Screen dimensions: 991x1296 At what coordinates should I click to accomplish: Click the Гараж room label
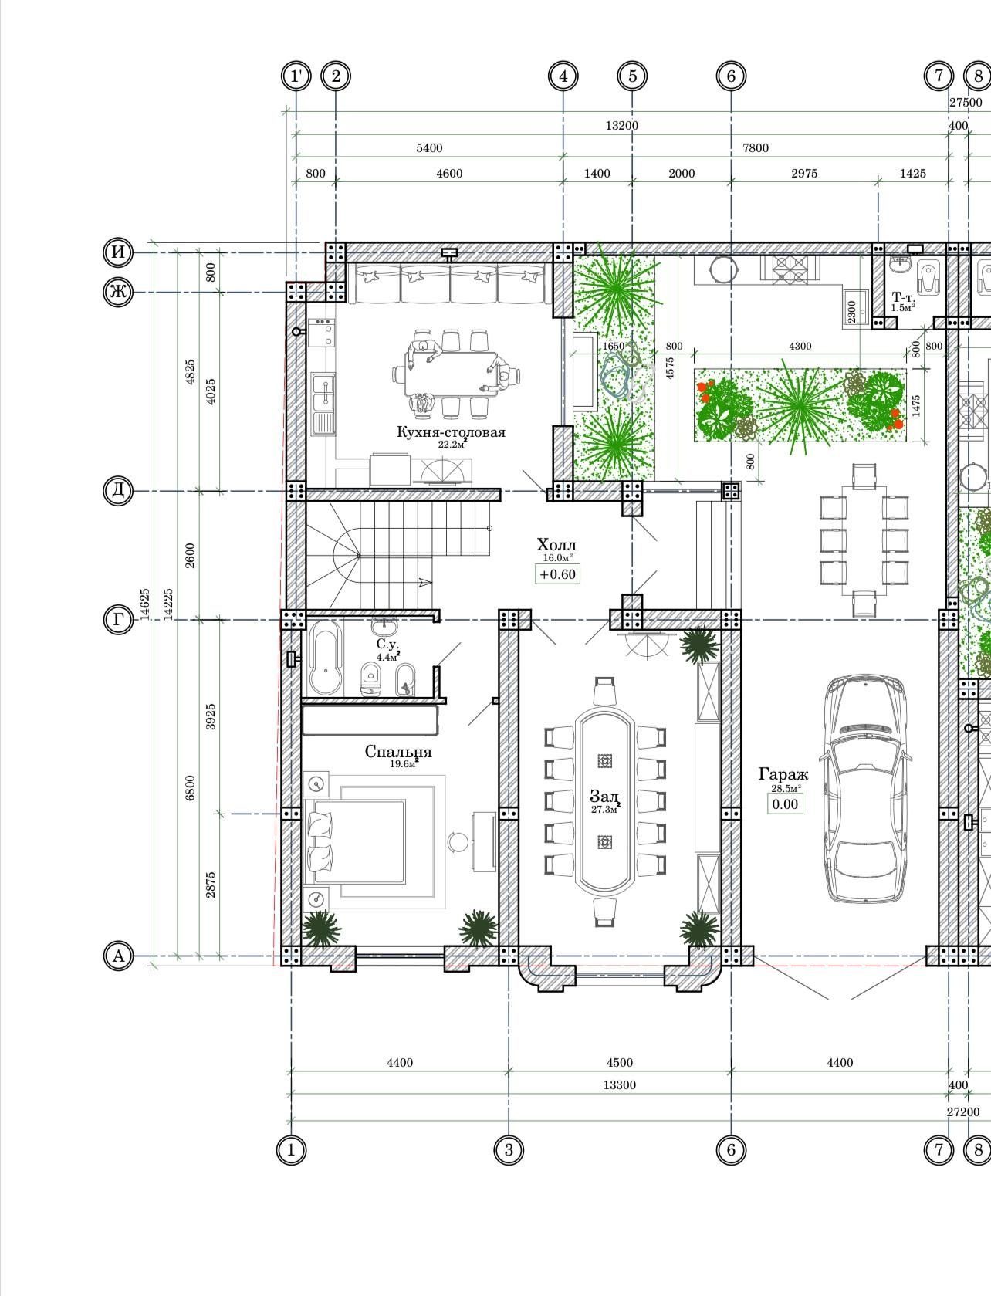click(x=783, y=774)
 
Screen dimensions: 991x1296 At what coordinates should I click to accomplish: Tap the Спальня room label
click(x=398, y=752)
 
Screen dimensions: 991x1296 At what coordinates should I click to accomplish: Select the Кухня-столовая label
click(x=451, y=431)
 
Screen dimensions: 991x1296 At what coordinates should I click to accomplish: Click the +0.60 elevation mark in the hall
click(x=558, y=574)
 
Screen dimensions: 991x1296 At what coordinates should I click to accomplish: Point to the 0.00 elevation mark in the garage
click(x=785, y=804)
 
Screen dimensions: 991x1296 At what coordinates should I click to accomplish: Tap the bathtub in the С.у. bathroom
click(x=325, y=657)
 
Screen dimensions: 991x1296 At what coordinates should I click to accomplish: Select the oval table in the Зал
click(x=604, y=800)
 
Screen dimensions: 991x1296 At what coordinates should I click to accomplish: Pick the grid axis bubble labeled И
click(x=119, y=252)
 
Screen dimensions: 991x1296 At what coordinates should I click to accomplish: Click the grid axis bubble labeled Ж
click(x=119, y=292)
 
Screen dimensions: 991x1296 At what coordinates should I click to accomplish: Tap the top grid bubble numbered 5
click(x=632, y=76)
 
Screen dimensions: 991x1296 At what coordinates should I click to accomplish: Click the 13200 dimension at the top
click(x=621, y=126)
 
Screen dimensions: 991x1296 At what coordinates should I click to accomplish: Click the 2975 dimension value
click(x=804, y=174)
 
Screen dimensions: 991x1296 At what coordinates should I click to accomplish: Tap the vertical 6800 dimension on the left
click(x=189, y=787)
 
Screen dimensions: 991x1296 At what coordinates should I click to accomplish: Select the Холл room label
click(x=556, y=544)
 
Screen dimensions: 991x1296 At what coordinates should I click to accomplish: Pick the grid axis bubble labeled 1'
click(x=296, y=76)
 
